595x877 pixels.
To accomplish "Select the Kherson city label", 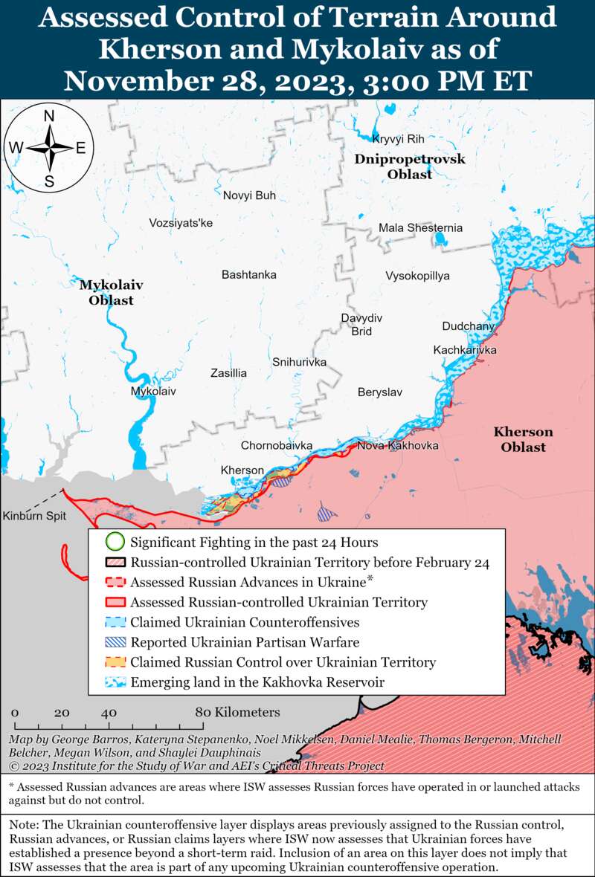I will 242,470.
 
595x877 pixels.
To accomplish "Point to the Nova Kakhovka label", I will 397,445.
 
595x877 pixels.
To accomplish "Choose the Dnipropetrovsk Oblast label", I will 409,166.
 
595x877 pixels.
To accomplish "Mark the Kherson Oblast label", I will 523,439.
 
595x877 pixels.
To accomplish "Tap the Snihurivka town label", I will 299,362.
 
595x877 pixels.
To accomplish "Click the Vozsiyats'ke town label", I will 181,222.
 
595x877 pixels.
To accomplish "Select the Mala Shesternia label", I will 420,227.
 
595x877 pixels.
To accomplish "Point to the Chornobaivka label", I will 276,445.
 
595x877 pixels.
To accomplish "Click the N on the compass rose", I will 49,116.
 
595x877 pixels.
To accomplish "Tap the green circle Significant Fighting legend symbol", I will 114,542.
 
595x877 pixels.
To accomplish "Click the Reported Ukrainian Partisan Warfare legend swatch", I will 114,642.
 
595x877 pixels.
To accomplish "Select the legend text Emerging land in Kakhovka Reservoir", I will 257,682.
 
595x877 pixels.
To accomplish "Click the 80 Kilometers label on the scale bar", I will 237,712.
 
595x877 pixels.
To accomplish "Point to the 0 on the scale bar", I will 15,712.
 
